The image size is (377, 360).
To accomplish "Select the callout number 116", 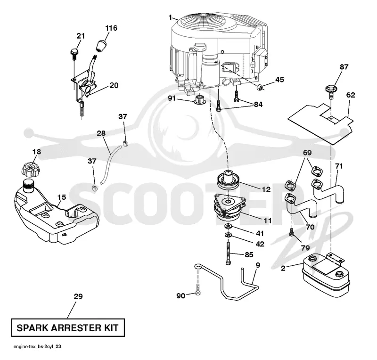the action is (111, 28).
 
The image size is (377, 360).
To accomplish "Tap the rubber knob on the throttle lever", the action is (101, 45).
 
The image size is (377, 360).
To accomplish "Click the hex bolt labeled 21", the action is (74, 54).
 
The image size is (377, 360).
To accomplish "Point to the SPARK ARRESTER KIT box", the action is (68, 327).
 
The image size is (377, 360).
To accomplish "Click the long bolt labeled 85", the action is (228, 253).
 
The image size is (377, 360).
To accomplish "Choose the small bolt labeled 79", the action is (292, 232).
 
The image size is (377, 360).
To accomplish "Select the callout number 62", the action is (351, 95).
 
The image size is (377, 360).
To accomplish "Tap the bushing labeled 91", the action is (199, 99).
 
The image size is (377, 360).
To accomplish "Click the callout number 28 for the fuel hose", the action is (101, 133).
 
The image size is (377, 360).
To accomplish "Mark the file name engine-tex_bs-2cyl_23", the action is (37, 346).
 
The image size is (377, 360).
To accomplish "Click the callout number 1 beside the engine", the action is (171, 17).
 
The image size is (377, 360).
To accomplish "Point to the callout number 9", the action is (258, 265).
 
